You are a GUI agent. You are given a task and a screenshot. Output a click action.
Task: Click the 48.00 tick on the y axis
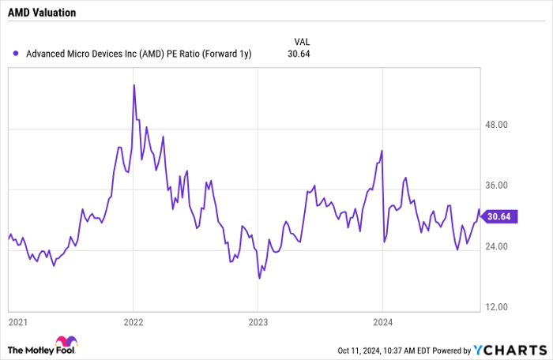pyautogui.click(x=500, y=125)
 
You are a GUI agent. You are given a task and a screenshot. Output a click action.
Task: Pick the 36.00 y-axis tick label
pyautogui.click(x=500, y=186)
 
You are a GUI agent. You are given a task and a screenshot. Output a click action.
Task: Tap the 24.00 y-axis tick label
pyautogui.click(x=500, y=246)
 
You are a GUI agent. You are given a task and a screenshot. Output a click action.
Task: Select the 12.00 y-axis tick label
pyautogui.click(x=500, y=307)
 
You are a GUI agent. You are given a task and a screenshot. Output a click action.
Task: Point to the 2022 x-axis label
pyautogui.click(x=133, y=322)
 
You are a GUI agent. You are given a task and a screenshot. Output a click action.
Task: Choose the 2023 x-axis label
pyautogui.click(x=258, y=322)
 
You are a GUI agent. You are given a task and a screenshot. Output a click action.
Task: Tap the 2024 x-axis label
pyautogui.click(x=382, y=322)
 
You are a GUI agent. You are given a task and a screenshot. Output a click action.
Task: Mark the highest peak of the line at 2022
pyautogui.click(x=134, y=84)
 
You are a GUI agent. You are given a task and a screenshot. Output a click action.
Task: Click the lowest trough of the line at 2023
pyautogui.click(x=258, y=278)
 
